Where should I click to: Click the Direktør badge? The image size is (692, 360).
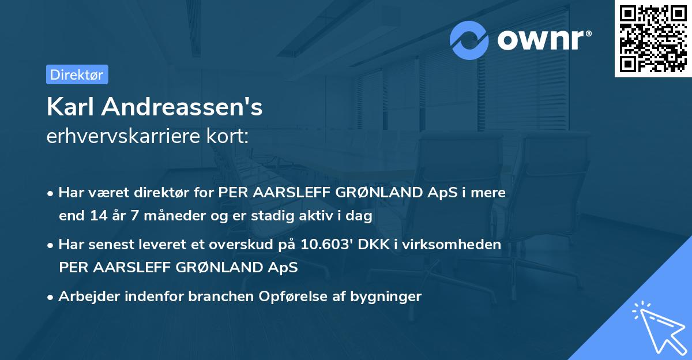click(x=77, y=74)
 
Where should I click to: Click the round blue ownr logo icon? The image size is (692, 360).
click(x=469, y=40)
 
